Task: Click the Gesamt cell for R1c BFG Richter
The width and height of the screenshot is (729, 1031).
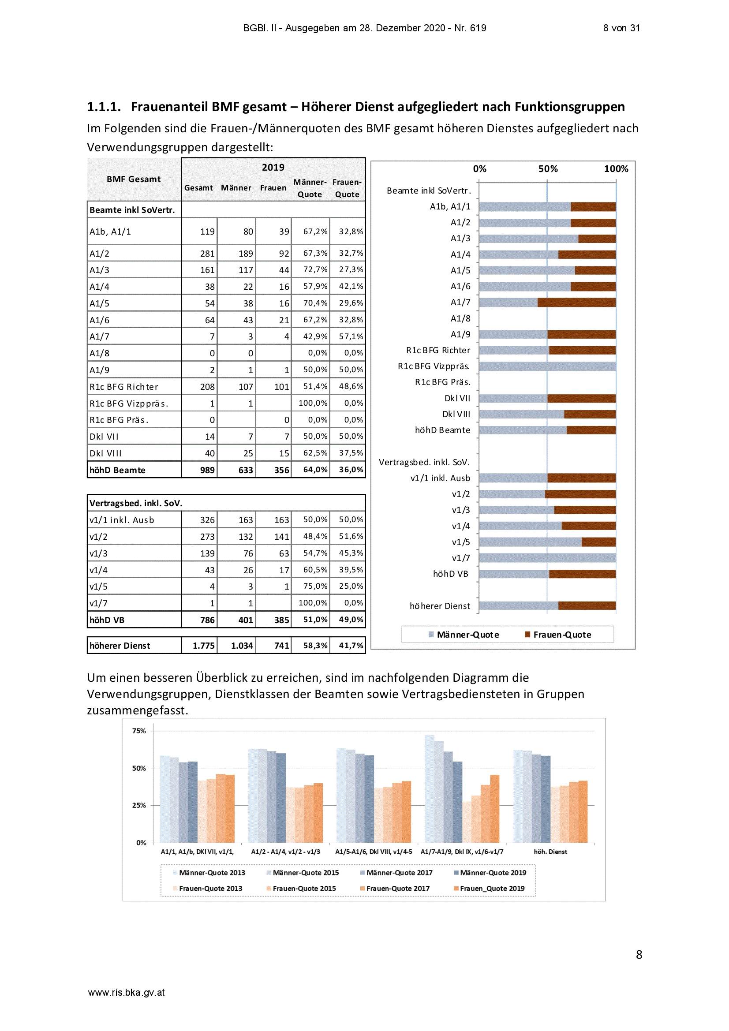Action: point(207,387)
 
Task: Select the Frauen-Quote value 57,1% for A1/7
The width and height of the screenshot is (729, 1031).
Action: point(351,336)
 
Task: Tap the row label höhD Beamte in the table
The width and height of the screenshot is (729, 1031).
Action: point(117,470)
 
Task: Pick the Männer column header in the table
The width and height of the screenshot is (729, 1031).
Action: point(236,188)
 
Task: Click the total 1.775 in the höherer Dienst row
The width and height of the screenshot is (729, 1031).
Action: point(203,646)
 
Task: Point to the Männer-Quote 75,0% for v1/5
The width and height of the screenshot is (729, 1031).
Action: point(315,586)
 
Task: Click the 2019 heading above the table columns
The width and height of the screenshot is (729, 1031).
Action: point(273,168)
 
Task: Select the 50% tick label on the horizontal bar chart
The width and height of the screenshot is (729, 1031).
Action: point(548,169)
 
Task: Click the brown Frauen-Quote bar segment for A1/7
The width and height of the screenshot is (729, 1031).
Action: point(576,302)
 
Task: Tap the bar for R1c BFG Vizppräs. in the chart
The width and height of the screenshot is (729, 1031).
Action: point(547,366)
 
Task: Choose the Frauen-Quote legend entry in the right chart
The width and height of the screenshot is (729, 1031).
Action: point(558,635)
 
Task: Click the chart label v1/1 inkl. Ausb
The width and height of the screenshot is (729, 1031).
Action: point(440,478)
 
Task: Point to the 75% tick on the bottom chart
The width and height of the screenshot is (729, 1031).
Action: point(139,731)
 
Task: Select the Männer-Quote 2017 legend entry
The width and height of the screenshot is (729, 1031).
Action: point(396,873)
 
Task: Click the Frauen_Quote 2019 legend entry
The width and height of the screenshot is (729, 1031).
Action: point(489,888)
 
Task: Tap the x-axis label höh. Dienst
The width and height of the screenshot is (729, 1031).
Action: point(550,852)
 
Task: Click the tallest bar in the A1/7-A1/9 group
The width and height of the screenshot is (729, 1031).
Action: point(430,788)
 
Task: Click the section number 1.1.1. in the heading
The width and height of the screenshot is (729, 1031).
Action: point(104,107)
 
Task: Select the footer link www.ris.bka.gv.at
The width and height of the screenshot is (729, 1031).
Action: point(126,992)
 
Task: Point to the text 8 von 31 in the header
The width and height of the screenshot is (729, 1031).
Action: point(621,28)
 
